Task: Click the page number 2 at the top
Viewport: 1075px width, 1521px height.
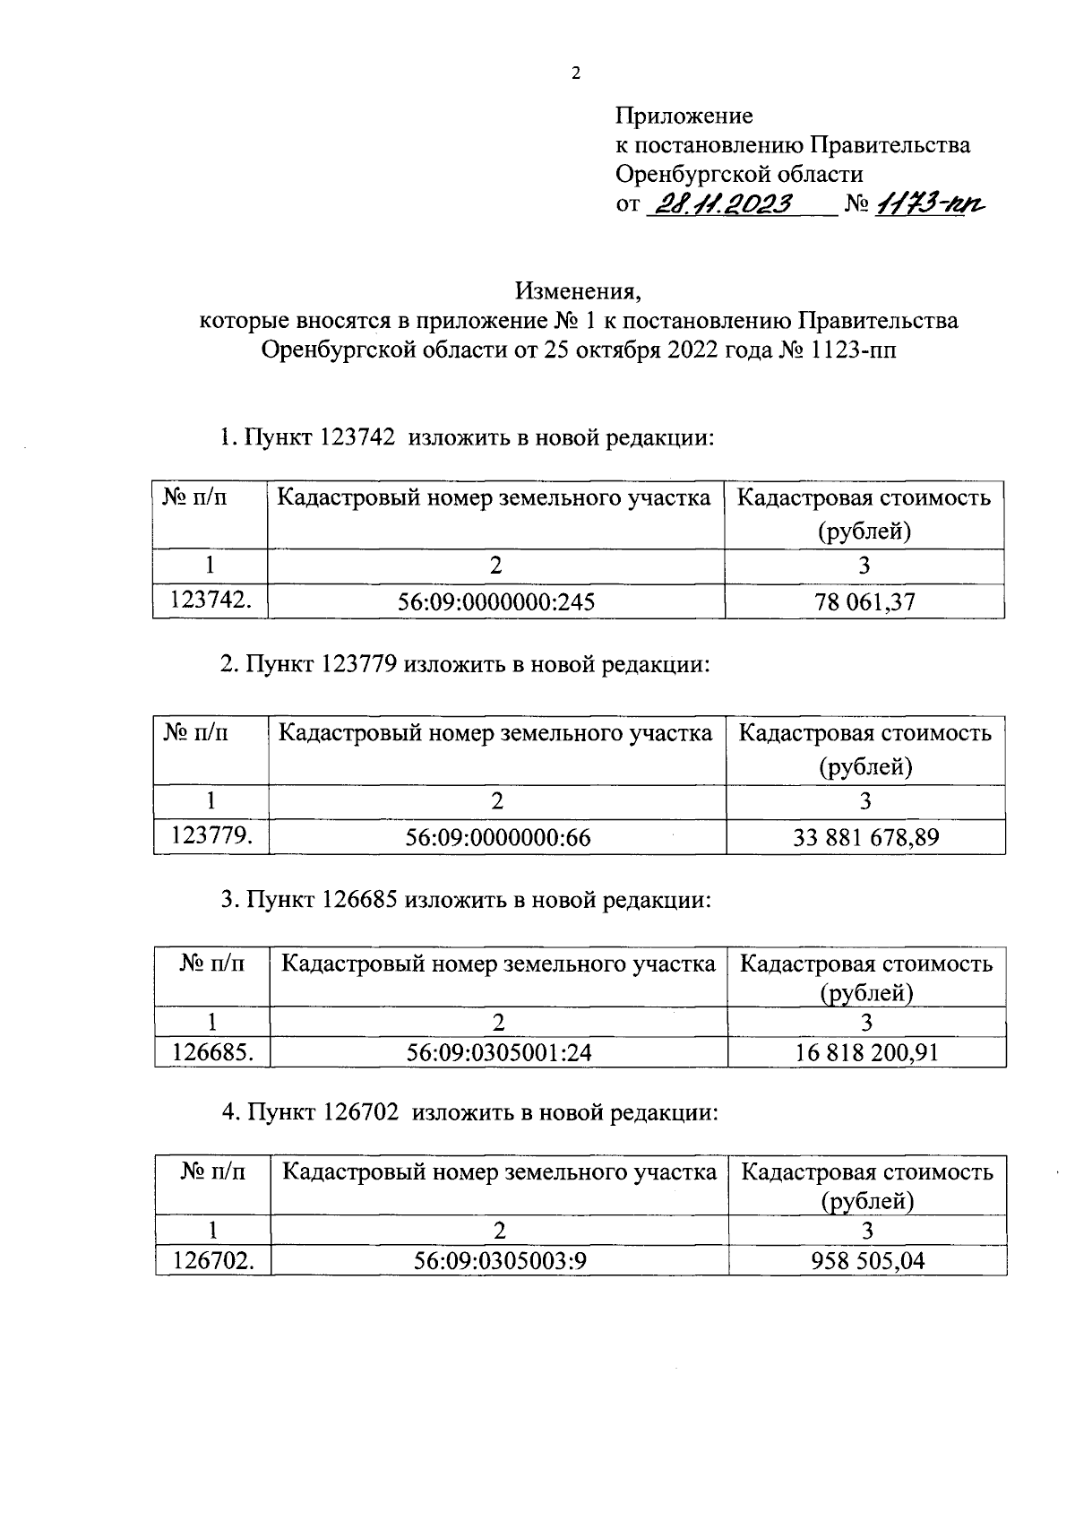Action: tap(576, 74)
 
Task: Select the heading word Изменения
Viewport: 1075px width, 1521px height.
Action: tap(578, 291)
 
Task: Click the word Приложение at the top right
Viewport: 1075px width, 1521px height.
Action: tap(684, 116)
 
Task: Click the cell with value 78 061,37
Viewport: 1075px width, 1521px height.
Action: tap(864, 602)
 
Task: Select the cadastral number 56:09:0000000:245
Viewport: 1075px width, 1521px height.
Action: tap(496, 602)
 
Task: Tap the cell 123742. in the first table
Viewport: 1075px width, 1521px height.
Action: tap(211, 601)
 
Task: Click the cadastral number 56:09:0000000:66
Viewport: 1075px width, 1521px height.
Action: tap(497, 838)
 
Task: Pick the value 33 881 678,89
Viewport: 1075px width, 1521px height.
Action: tap(865, 838)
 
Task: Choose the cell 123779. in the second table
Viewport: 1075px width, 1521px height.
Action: tap(211, 836)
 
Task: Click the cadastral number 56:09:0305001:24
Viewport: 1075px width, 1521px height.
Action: tap(499, 1052)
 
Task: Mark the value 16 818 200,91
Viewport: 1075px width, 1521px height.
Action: tap(866, 1052)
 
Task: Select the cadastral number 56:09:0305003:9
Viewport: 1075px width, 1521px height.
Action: tap(500, 1261)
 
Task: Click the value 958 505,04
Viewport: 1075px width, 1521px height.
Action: tap(867, 1261)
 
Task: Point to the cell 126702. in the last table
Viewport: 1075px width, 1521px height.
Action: tap(213, 1261)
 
